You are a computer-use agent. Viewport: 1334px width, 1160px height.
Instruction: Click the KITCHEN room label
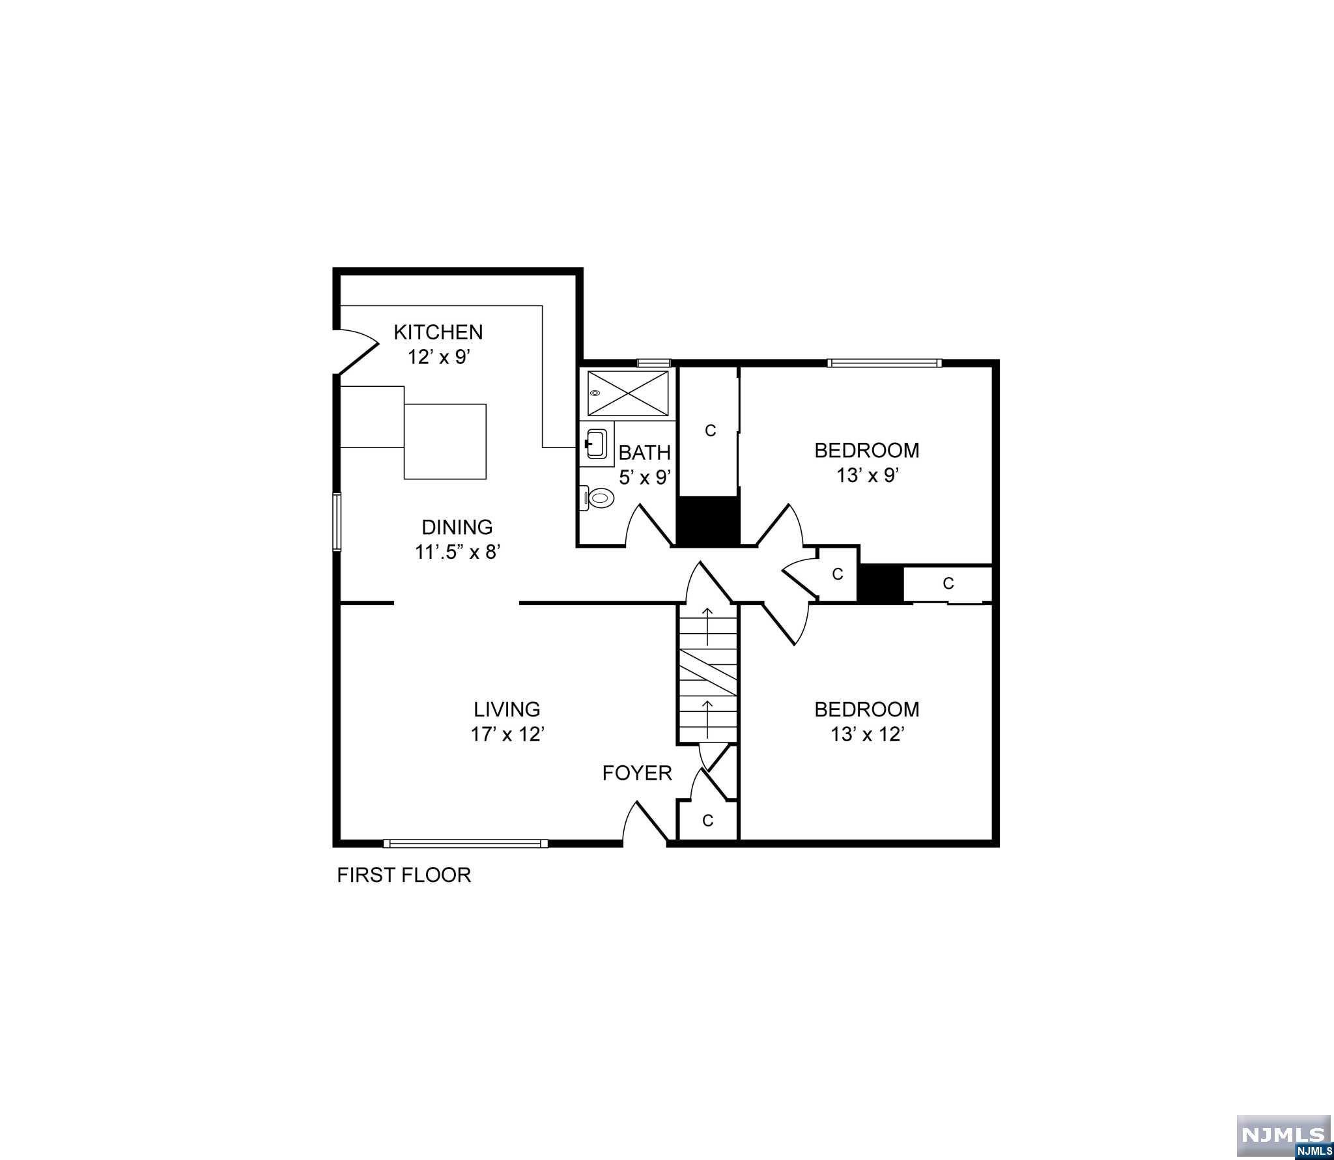(438, 332)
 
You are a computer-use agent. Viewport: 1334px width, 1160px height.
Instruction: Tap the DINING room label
(457, 526)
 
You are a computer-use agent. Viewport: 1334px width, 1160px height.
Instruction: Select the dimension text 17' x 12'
(507, 734)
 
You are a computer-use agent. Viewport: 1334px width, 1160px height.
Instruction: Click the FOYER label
(636, 773)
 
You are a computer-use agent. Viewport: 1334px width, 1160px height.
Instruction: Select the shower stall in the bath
(628, 393)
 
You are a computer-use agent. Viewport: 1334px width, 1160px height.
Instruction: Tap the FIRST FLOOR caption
(403, 875)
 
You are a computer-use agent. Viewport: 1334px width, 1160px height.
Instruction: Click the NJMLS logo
(1283, 1135)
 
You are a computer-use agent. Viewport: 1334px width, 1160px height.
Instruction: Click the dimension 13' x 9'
(867, 475)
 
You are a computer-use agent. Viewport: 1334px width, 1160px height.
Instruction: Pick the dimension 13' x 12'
(867, 734)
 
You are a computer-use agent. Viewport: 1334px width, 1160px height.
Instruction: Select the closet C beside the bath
(710, 431)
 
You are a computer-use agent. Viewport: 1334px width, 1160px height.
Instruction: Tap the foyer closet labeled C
(707, 821)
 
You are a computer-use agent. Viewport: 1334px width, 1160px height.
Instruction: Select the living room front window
(465, 843)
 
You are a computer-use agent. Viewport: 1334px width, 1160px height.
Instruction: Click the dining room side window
(337, 522)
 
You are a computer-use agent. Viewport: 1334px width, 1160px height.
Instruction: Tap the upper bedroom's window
(884, 363)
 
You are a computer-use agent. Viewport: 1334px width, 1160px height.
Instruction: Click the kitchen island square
(446, 442)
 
